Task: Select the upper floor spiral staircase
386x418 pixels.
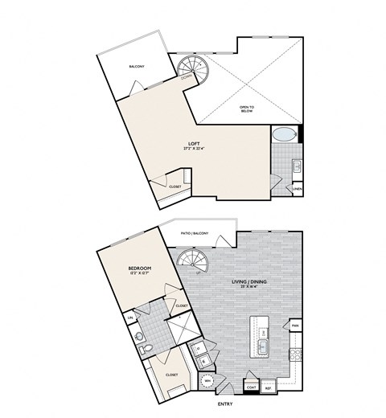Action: (192, 65)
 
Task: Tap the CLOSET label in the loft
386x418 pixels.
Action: (175, 186)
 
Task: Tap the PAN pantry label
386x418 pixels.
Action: (296, 325)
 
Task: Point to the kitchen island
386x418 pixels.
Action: (262, 337)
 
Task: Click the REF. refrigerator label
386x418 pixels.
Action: (267, 387)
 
